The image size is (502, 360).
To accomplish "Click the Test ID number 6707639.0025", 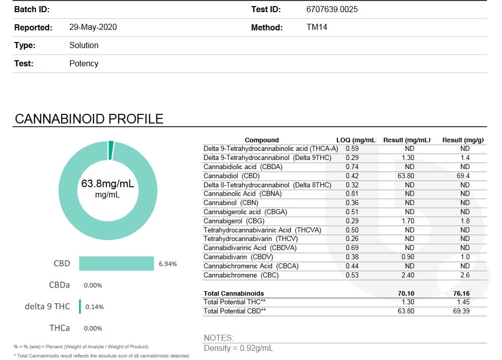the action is pyautogui.click(x=332, y=9).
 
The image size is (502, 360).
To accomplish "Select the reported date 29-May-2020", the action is pyautogui.click(x=93, y=27).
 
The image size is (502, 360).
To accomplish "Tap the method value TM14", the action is pyautogui.click(x=317, y=27).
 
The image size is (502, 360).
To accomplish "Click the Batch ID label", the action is pyautogui.click(x=32, y=9).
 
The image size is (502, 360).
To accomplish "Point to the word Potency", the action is pyautogui.click(x=84, y=63).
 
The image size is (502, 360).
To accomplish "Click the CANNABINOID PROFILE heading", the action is pyautogui.click(x=89, y=118).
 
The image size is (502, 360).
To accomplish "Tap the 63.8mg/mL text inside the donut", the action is pyautogui.click(x=107, y=184).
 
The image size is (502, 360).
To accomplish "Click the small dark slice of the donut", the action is pyautogui.click(x=111, y=150).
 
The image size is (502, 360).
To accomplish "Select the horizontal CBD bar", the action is pyautogui.click(x=117, y=263).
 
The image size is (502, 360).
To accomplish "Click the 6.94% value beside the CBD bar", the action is pyautogui.click(x=168, y=264).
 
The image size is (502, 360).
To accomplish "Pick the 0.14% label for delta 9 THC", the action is pyautogui.click(x=94, y=307).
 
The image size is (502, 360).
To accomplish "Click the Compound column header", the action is pyautogui.click(x=261, y=140).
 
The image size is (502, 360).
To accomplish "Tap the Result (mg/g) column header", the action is pyautogui.click(x=463, y=140).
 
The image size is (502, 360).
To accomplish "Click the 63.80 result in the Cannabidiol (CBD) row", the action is pyautogui.click(x=406, y=176).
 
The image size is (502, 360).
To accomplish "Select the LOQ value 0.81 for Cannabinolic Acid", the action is pyautogui.click(x=352, y=193).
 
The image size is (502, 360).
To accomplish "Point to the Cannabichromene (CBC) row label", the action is pyautogui.click(x=241, y=275).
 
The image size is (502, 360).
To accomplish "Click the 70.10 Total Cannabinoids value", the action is pyautogui.click(x=406, y=294).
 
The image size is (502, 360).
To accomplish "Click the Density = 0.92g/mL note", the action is pyautogui.click(x=239, y=348).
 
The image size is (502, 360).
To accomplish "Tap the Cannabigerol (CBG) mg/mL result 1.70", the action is pyautogui.click(x=408, y=221).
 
